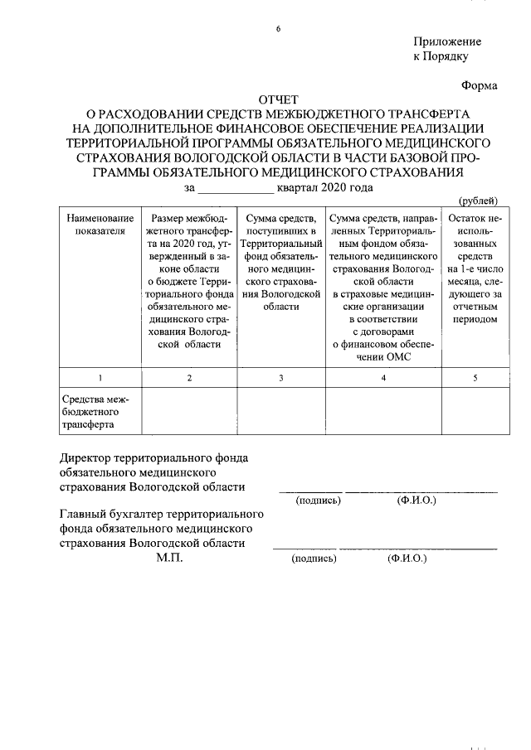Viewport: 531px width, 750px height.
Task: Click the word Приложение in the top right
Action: tap(446, 41)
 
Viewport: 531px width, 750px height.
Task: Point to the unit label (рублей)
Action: tap(478, 201)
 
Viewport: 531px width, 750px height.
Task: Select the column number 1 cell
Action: tap(100, 378)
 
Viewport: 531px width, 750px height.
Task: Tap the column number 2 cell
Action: tap(189, 378)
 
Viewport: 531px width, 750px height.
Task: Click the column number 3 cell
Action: tap(281, 378)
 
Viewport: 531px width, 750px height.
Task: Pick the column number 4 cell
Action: tap(382, 378)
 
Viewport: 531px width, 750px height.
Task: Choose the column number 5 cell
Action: tap(475, 378)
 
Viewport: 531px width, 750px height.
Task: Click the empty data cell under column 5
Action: tap(475, 411)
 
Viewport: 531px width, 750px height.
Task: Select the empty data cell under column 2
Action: tap(189, 411)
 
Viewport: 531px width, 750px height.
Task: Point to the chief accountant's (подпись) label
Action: tap(314, 559)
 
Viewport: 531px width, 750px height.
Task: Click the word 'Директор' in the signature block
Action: tap(89, 457)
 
